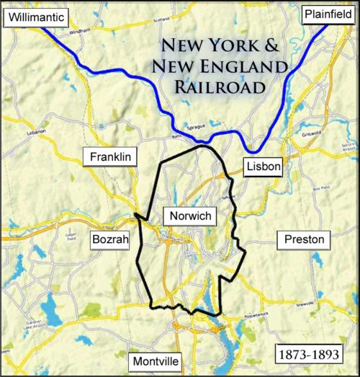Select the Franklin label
(110, 156)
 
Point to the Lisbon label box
(261, 167)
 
